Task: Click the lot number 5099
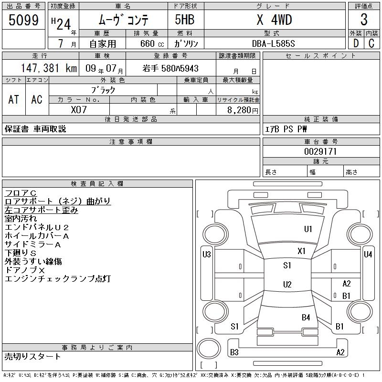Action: pos(24,20)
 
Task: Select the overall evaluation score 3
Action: pos(364,20)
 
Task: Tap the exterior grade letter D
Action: pos(356,43)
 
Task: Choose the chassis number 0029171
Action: pos(320,151)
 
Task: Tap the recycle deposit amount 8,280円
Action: pos(244,110)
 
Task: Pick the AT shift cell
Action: pos(14,99)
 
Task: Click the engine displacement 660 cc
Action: pos(144,43)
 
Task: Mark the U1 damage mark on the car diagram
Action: pos(308,229)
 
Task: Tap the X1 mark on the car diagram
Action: pos(301,251)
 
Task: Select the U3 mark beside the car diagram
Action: pos(206,255)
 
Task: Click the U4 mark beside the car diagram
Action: pos(368,255)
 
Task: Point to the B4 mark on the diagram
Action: pos(306,317)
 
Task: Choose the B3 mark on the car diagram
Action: pos(234,352)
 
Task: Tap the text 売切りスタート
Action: pos(32,356)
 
